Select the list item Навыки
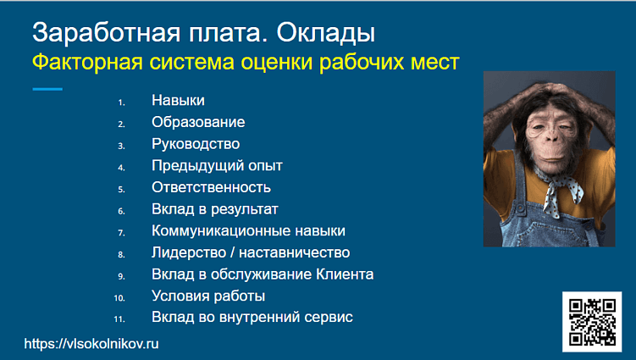(178, 101)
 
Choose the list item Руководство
(196, 144)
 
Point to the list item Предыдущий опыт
(217, 166)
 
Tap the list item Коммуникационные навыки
(248, 231)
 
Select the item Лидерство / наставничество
(251, 252)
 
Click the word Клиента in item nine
(345, 274)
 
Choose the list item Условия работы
(208, 296)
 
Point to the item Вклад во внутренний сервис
(252, 318)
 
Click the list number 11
(119, 319)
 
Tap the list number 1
(121, 102)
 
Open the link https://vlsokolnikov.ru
(91, 344)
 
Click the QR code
(592, 321)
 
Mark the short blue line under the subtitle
(47, 89)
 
